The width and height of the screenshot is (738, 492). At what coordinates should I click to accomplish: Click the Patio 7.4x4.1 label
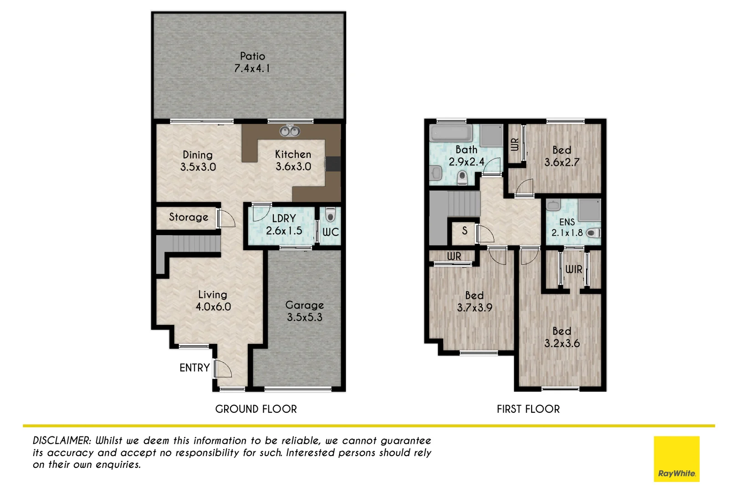point(252,62)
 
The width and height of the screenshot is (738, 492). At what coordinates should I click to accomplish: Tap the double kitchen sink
point(289,131)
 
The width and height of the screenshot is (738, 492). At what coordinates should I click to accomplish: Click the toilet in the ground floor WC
point(330,215)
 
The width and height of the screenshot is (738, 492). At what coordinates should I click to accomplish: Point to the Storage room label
point(189,217)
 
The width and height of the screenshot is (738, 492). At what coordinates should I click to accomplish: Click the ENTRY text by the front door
point(195,368)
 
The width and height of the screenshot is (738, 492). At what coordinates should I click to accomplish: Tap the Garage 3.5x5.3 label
point(304,311)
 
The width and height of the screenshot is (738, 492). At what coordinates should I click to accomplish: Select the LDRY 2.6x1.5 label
point(284,225)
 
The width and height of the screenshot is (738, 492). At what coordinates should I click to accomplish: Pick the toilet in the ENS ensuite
point(592,233)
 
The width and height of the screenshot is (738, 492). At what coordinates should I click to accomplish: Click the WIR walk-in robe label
point(574,270)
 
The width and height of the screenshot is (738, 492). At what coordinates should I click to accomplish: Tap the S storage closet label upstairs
point(465,231)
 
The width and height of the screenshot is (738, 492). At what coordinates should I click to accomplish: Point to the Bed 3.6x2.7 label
point(562,156)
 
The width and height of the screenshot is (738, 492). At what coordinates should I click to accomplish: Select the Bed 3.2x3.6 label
point(562,337)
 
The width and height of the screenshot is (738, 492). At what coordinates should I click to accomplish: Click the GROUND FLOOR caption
point(256,409)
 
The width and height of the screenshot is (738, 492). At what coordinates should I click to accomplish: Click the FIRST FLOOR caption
point(528,409)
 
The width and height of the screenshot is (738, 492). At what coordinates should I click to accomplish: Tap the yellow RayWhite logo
point(676,459)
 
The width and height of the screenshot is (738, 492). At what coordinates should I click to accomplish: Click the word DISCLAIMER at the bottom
point(62,441)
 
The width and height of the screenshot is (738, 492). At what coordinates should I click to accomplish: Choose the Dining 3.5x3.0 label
point(198,161)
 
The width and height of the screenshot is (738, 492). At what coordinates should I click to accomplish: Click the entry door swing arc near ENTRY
point(225,368)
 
